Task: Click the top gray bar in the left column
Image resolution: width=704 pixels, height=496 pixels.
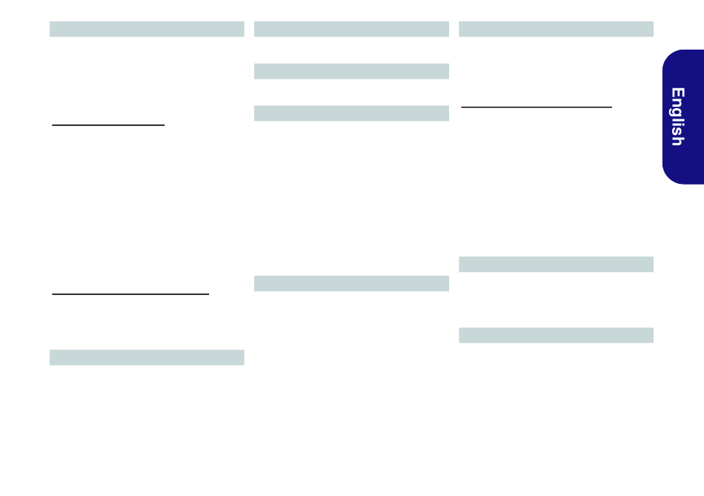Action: click(147, 29)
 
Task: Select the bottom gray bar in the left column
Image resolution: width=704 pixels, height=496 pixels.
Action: click(147, 357)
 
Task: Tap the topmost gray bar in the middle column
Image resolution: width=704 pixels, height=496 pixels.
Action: click(351, 29)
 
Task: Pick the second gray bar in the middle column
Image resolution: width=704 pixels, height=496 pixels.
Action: click(351, 71)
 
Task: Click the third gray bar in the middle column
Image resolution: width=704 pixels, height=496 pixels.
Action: click(351, 113)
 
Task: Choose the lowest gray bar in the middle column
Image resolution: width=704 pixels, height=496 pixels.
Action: click(351, 283)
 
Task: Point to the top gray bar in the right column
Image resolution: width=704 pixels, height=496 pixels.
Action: click(557, 29)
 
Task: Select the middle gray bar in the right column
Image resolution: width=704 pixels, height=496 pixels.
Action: click(557, 264)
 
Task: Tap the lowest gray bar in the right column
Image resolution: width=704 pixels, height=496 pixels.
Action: click(557, 335)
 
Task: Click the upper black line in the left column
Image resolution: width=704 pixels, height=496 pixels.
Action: click(108, 125)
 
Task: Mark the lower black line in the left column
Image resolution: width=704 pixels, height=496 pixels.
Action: click(130, 294)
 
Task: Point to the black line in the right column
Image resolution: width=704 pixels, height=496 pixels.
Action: click(537, 107)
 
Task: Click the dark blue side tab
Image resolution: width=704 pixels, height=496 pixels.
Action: click(683, 117)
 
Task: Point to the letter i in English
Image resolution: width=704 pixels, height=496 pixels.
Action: click(678, 127)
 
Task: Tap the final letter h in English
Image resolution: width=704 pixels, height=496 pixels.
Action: click(678, 142)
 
